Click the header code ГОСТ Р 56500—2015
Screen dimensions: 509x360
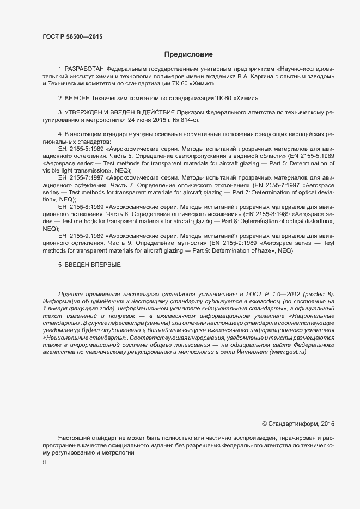point(72,37)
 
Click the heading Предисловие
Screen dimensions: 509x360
point(188,54)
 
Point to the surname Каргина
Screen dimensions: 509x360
point(255,77)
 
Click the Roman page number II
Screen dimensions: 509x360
point(44,463)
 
